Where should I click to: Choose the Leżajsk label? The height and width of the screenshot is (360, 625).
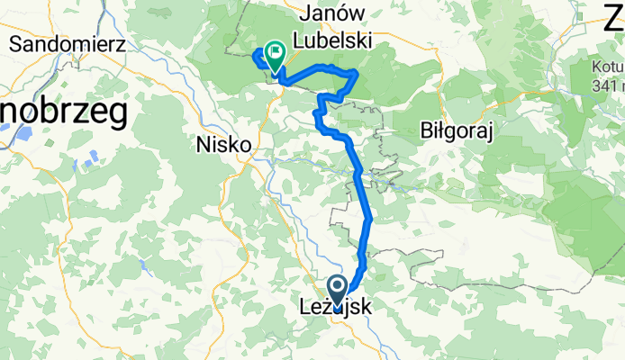click(x=335, y=308)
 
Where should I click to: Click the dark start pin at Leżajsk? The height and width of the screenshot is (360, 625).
click(x=338, y=291)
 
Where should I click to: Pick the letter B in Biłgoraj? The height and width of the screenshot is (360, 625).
click(x=427, y=131)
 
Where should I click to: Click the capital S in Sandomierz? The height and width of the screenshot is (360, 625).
click(x=14, y=42)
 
